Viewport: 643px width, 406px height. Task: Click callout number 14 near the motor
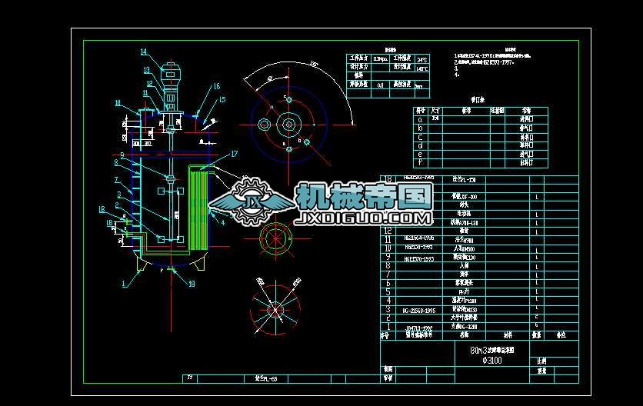(144, 52)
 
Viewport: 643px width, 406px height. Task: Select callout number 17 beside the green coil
(235, 155)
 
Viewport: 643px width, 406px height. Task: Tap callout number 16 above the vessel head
(217, 86)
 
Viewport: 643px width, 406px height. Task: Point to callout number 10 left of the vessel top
(118, 102)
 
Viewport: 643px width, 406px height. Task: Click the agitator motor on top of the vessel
(170, 77)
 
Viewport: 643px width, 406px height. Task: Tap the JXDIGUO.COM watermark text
(364, 220)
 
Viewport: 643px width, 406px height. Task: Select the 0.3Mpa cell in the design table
(380, 58)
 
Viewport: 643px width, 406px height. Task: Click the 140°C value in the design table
(421, 68)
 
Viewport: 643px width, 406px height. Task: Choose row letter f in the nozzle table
(419, 163)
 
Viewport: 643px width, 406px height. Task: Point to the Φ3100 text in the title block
(492, 359)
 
